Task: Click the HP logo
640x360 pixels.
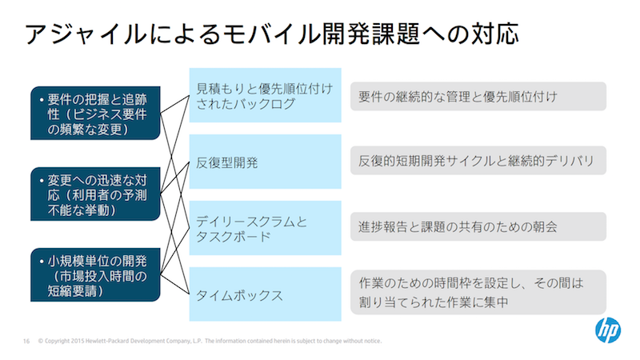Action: (x=608, y=330)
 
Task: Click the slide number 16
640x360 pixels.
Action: (x=26, y=341)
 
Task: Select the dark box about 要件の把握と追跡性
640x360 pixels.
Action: (x=95, y=113)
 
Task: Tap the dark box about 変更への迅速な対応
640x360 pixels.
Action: (x=95, y=194)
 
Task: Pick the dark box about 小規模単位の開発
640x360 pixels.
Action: (x=95, y=274)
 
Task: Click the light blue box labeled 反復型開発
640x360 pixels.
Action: (x=266, y=162)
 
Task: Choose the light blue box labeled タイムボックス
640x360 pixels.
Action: (x=266, y=294)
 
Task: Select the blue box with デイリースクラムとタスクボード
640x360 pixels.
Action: (x=266, y=228)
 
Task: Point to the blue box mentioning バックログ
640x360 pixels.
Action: (x=266, y=95)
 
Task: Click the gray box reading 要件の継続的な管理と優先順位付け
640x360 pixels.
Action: (x=478, y=96)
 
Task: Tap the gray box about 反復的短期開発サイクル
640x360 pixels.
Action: (x=478, y=161)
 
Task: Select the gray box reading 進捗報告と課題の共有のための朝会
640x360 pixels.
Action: (x=478, y=226)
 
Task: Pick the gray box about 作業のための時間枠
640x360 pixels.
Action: (x=478, y=292)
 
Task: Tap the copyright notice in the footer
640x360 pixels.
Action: (x=210, y=341)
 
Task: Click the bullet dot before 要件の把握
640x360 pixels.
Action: (x=42, y=99)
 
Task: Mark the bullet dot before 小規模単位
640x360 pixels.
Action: (x=42, y=262)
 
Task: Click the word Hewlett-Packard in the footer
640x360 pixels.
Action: (x=102, y=341)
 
